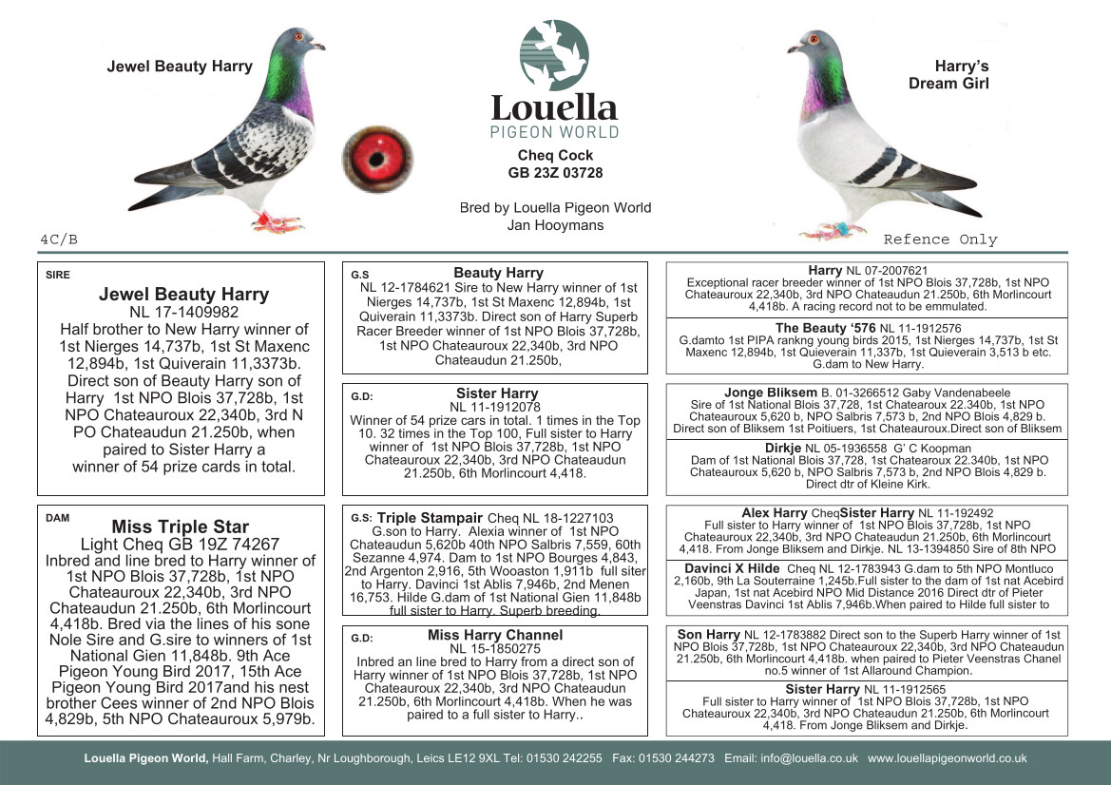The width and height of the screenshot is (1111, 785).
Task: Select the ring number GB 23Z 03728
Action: pyautogui.click(x=555, y=173)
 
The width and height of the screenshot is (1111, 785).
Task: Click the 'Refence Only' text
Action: pyautogui.click(x=940, y=239)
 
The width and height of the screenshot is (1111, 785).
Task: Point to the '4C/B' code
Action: pyautogui.click(x=59, y=239)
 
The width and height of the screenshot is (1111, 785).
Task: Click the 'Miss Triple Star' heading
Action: pyautogui.click(x=181, y=527)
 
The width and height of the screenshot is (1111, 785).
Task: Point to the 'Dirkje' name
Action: pyautogui.click(x=783, y=449)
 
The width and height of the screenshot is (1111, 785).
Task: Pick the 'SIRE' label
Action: pyautogui.click(x=57, y=276)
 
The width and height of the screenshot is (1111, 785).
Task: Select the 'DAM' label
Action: pyautogui.click(x=56, y=519)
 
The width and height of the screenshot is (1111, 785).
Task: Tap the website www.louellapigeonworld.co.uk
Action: pyautogui.click(x=947, y=758)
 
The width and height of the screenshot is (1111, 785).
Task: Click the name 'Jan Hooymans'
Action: pyautogui.click(x=555, y=225)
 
